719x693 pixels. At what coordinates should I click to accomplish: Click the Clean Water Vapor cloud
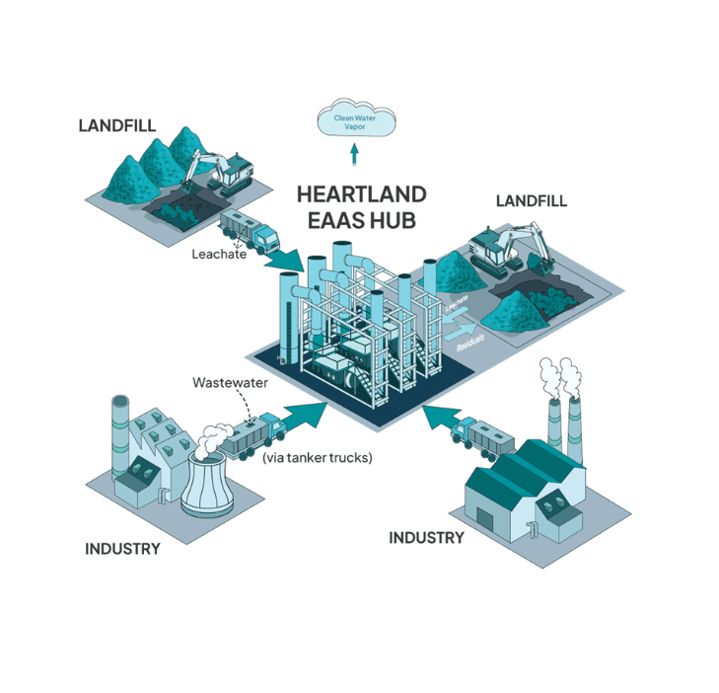pyautogui.click(x=355, y=122)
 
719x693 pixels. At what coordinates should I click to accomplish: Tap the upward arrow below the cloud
pyautogui.click(x=355, y=154)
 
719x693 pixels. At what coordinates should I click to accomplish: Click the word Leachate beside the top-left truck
pyautogui.click(x=218, y=253)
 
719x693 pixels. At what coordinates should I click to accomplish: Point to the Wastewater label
pyautogui.click(x=229, y=382)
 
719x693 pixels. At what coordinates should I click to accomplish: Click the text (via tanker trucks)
pyautogui.click(x=317, y=457)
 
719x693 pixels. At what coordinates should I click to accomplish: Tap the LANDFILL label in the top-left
pyautogui.click(x=114, y=125)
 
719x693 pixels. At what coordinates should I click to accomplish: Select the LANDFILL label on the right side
pyautogui.click(x=531, y=200)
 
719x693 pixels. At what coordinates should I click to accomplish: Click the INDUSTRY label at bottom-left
pyautogui.click(x=122, y=549)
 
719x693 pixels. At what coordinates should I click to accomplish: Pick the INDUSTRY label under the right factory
pyautogui.click(x=426, y=538)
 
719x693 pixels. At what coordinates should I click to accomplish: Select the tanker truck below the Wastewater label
pyautogui.click(x=252, y=434)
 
